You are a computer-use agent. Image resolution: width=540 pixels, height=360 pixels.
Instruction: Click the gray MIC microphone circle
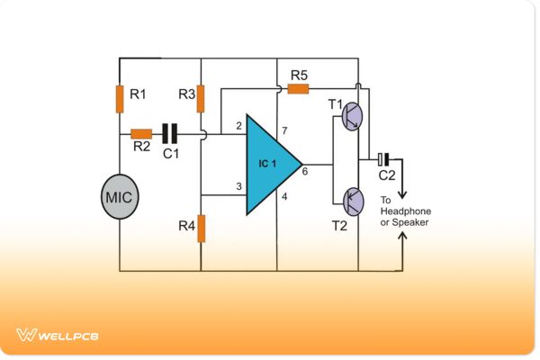(x=120, y=195)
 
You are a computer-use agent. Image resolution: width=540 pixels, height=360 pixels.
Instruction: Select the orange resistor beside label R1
(x=120, y=99)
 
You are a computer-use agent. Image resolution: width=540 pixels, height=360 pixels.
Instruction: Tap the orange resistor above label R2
(x=141, y=134)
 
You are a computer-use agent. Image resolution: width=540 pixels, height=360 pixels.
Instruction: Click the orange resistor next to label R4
(x=201, y=228)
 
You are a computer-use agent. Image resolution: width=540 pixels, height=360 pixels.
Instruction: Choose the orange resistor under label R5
(x=298, y=88)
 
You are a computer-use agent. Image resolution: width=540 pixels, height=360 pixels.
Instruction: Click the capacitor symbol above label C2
(x=384, y=159)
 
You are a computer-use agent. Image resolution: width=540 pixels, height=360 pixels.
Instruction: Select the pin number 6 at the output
(x=304, y=171)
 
